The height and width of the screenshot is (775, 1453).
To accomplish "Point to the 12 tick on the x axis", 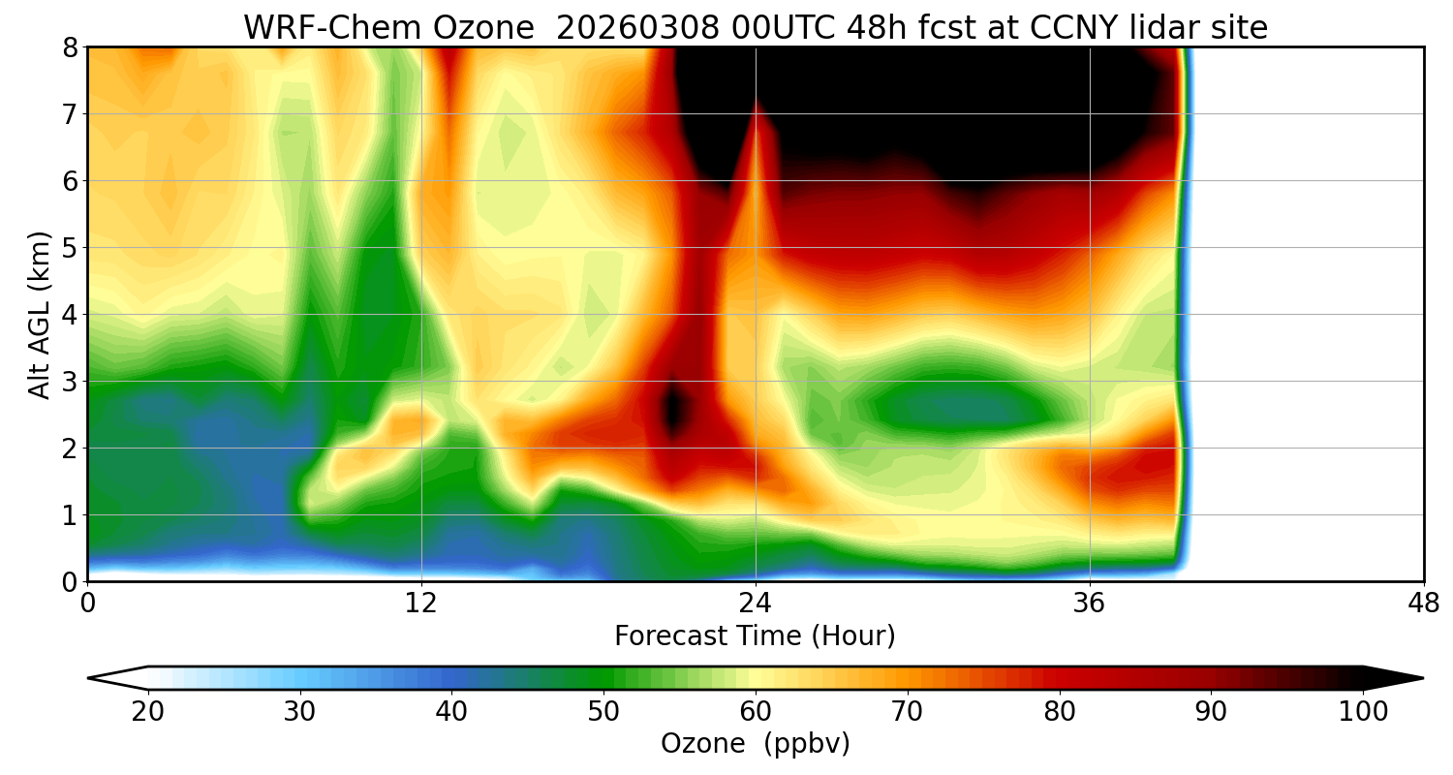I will pyautogui.click(x=421, y=604).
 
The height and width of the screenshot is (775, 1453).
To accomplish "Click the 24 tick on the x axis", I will pyautogui.click(x=756, y=604).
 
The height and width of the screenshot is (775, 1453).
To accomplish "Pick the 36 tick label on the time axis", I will pyautogui.click(x=1090, y=604).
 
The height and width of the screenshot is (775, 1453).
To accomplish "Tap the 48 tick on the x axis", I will pyautogui.click(x=1423, y=604).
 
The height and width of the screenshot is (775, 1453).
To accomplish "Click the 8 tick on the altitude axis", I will pyautogui.click(x=70, y=47).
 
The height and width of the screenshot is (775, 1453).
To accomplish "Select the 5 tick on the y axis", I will pyautogui.click(x=70, y=248).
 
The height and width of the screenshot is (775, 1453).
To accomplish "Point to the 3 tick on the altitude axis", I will pyautogui.click(x=70, y=382).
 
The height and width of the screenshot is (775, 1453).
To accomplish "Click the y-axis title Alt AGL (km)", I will pyautogui.click(x=40, y=315).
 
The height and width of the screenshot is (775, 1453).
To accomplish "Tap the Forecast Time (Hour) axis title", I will pyautogui.click(x=755, y=636).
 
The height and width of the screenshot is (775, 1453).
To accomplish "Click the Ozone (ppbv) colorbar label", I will pyautogui.click(x=755, y=744).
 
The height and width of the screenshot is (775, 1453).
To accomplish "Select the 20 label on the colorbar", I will pyautogui.click(x=148, y=712).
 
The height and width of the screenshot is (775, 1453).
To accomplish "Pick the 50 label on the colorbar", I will pyautogui.click(x=603, y=712).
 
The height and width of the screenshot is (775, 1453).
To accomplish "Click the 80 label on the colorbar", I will pyautogui.click(x=1060, y=712).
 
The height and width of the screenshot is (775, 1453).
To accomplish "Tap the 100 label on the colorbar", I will pyautogui.click(x=1363, y=712).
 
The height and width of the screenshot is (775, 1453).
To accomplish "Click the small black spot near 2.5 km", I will pyautogui.click(x=674, y=409).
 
